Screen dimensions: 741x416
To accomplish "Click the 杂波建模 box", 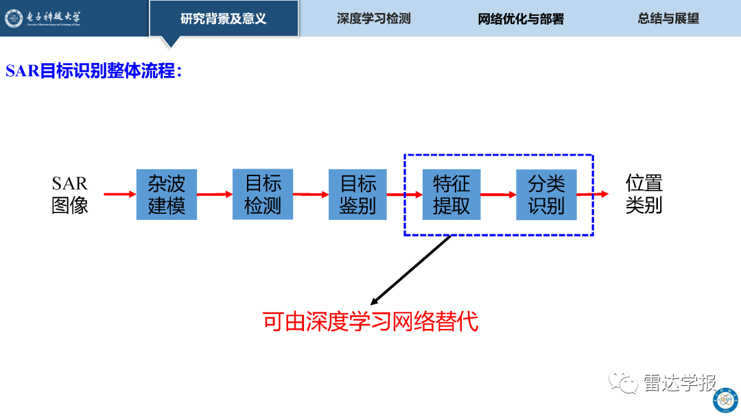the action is pos(166,195).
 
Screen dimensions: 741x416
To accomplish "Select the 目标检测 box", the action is pos(263,194).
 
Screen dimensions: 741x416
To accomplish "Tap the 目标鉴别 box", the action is pos(357,195).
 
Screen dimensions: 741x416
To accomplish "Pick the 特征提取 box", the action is pos(451,195).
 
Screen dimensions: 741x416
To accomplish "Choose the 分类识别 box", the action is pos(546,195).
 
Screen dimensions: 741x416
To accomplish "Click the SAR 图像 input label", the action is pos(70,195).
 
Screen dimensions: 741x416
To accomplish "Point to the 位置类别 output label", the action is pos(644,194).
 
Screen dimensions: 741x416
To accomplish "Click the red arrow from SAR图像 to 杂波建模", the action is pos(120,194).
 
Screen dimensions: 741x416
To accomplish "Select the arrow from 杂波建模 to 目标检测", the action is pos(215,194).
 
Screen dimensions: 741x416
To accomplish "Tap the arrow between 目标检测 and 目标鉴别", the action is pos(311,195).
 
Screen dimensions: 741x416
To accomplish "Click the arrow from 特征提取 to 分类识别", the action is pos(498,195).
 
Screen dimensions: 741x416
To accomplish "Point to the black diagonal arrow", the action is pos(411,270).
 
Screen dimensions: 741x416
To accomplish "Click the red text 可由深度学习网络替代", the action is pos(370,321).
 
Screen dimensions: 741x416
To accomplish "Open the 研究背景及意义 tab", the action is pos(224,19).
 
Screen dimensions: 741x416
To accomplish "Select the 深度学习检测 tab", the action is pos(373,19).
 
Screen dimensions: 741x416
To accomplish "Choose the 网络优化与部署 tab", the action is pos(521,19).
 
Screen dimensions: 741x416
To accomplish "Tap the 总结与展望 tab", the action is pos(668,19).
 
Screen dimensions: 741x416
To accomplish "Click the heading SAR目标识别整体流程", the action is pos(93,71).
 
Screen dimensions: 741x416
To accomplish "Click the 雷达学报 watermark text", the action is pos(679,382).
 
